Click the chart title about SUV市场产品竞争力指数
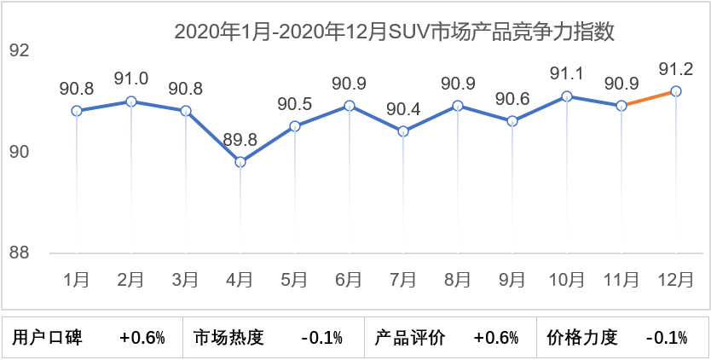coord(394,32)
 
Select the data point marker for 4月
coord(240,162)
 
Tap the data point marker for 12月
coord(676,90)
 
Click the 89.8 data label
coord(241,139)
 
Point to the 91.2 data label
coord(676,67)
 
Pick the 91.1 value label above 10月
coord(567,73)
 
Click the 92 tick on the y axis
coord(19,51)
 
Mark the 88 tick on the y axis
coord(19,253)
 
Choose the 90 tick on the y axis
coord(19,152)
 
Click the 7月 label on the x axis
coord(403,279)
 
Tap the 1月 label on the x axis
coord(77,279)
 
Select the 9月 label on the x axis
coord(512,279)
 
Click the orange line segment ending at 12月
coord(649,98)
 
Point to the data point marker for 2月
coord(131,101)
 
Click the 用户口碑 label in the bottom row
coord(48,338)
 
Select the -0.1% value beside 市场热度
coord(321,338)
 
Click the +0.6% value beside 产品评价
coord(496,338)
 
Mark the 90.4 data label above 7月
coord(403,108)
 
